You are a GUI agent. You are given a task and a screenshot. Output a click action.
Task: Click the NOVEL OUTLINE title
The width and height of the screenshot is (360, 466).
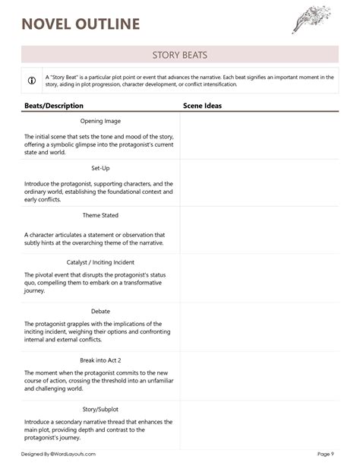[x=81, y=24]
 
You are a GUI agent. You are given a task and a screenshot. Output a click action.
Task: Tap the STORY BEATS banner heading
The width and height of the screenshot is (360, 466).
[x=180, y=55]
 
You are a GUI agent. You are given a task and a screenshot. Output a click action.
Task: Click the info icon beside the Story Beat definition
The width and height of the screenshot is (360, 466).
[x=32, y=81]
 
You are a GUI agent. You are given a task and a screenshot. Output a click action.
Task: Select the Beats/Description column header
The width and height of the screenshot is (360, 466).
[x=54, y=106]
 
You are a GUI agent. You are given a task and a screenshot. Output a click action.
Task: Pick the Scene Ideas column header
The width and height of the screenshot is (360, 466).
[x=203, y=106]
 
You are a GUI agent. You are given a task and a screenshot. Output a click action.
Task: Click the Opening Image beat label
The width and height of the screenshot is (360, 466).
[x=100, y=121]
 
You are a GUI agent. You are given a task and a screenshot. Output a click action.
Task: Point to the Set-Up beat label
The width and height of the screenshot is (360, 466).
[x=100, y=168]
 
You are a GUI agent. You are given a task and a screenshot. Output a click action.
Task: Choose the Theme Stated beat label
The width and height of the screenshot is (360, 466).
[x=100, y=215]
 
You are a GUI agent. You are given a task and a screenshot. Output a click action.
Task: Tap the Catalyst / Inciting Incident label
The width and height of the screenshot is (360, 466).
[x=100, y=262]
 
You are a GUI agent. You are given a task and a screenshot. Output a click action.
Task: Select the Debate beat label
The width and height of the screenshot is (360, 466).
[x=100, y=310]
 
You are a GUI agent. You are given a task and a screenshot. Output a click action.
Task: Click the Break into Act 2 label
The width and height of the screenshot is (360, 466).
[x=100, y=360]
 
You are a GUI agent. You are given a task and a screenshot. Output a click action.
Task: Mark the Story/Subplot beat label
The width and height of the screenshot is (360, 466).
[x=100, y=407]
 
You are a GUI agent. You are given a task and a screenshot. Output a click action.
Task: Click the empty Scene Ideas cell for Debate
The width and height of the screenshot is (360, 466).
[x=259, y=327]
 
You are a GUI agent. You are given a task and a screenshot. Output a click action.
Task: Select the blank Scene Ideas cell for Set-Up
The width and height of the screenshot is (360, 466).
[x=259, y=183]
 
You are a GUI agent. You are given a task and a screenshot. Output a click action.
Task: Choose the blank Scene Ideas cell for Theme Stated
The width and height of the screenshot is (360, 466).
[x=259, y=231]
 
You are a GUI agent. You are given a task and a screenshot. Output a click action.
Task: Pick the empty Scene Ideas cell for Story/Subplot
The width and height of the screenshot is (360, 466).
[x=259, y=423]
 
